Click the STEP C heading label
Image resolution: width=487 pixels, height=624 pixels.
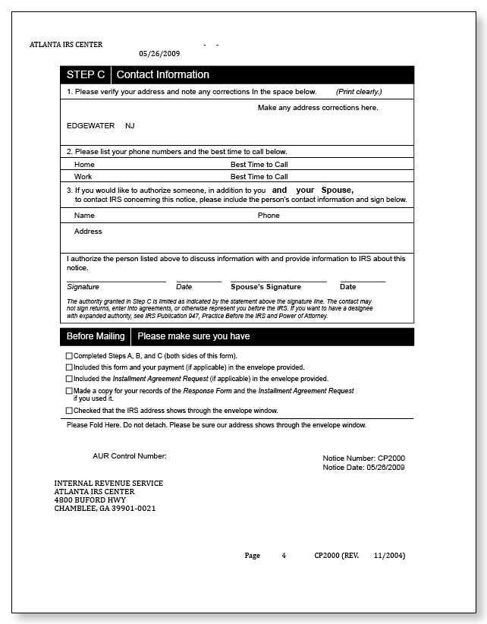coord(85,74)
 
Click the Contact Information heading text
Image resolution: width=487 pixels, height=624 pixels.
coord(162,74)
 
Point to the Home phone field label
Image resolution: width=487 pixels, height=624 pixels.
coord(84,164)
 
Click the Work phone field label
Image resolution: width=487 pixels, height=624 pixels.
coord(83,176)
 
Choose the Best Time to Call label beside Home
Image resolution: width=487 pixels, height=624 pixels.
coord(259,164)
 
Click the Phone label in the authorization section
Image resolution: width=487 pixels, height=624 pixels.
coord(269,216)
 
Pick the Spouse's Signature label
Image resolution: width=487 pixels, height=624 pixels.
coord(265,287)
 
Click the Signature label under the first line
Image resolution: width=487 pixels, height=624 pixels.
coord(83,287)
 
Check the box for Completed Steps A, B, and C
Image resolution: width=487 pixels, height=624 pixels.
coord(70,356)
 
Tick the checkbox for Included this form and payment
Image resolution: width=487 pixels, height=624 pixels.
coord(70,367)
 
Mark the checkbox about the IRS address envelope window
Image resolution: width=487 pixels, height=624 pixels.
coord(70,411)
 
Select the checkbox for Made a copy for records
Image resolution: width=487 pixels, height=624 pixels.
coord(70,391)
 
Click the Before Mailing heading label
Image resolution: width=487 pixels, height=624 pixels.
coord(96,336)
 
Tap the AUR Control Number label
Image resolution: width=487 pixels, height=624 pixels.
coord(129,456)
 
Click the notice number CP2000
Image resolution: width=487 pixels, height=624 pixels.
coord(391,459)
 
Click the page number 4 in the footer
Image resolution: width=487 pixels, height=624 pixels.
coord(284,556)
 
